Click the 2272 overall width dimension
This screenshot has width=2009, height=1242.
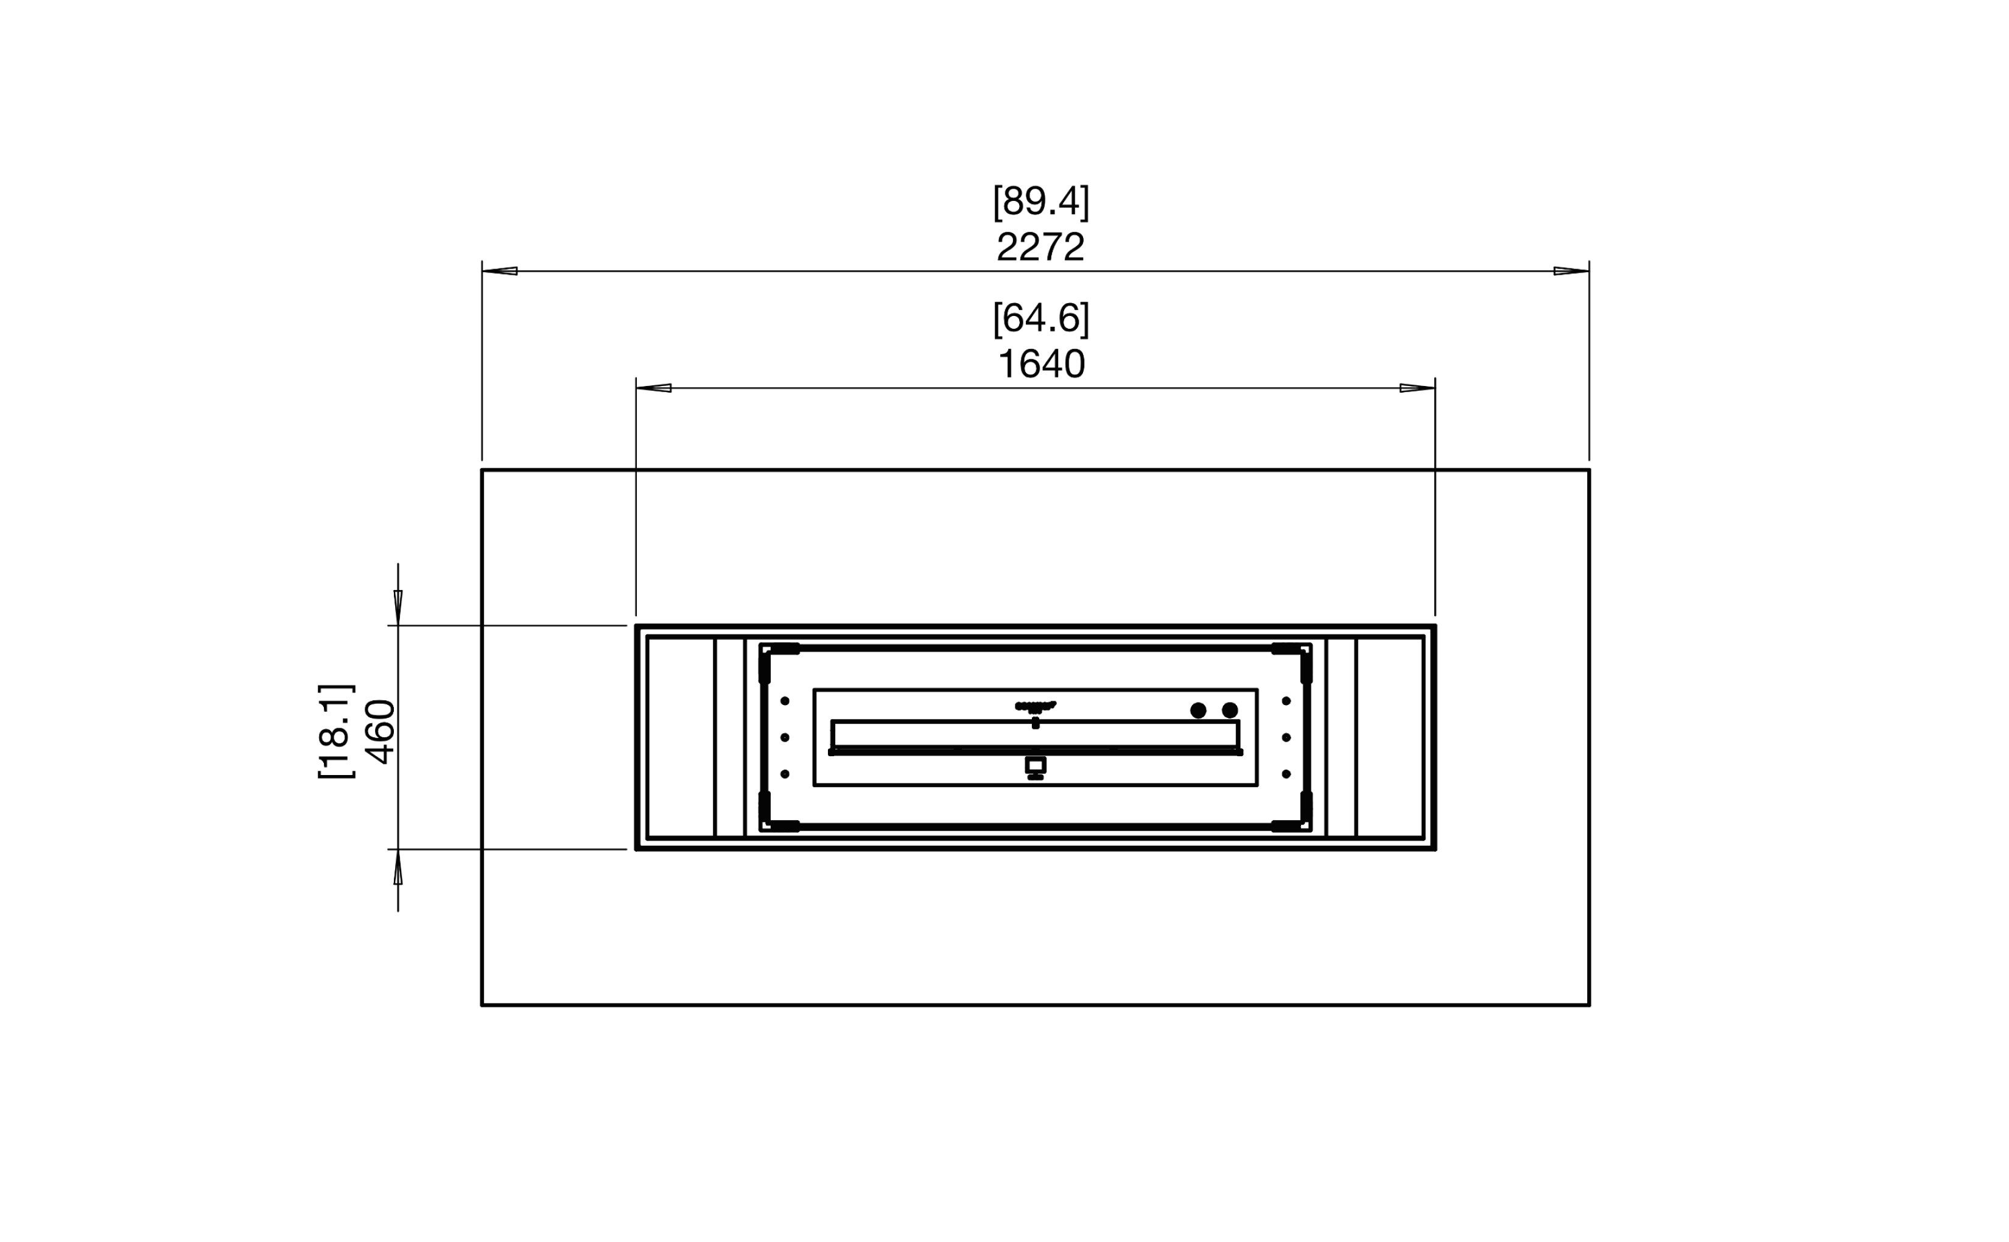pyautogui.click(x=1040, y=247)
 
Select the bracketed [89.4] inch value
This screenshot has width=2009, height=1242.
pyautogui.click(x=1040, y=202)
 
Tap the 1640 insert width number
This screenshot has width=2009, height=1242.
pyautogui.click(x=1040, y=364)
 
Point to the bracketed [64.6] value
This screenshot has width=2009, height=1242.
pyautogui.click(x=1040, y=318)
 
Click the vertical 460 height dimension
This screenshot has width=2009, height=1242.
pyautogui.click(x=381, y=731)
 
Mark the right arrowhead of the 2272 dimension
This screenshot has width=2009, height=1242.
pyautogui.click(x=1571, y=271)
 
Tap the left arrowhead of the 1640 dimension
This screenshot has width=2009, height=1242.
pyautogui.click(x=654, y=388)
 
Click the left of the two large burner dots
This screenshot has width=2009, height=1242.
pyautogui.click(x=1198, y=710)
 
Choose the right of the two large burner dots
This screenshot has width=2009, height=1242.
pyautogui.click(x=1230, y=710)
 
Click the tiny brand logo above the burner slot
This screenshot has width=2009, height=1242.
pyautogui.click(x=1035, y=706)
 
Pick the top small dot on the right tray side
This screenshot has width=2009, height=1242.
pyautogui.click(x=1286, y=701)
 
